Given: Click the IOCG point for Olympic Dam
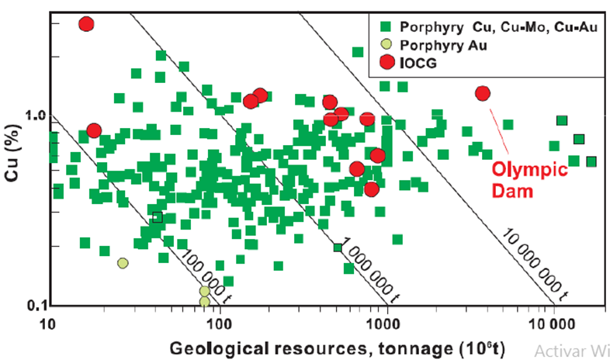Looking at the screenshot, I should [483, 93].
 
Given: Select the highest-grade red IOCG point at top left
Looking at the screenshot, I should [86, 24].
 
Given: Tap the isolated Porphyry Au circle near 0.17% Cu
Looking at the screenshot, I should [123, 263].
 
